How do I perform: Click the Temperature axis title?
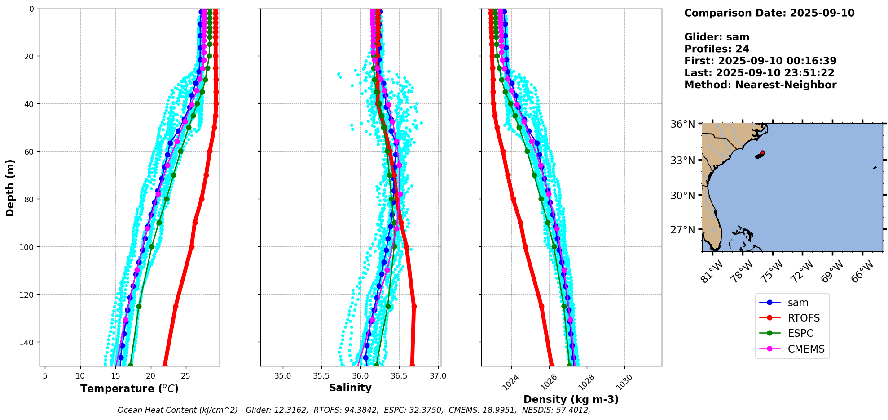click(x=129, y=389)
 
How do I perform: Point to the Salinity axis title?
click(x=350, y=388)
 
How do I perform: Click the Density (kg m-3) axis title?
click(x=571, y=399)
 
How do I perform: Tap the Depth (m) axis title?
click(x=10, y=188)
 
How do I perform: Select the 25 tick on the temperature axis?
click(x=186, y=376)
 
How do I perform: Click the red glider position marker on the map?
click(x=762, y=153)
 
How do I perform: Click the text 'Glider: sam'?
click(x=717, y=37)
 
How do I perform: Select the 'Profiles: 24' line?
click(x=717, y=49)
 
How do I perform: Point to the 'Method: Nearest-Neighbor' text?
click(x=760, y=85)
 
